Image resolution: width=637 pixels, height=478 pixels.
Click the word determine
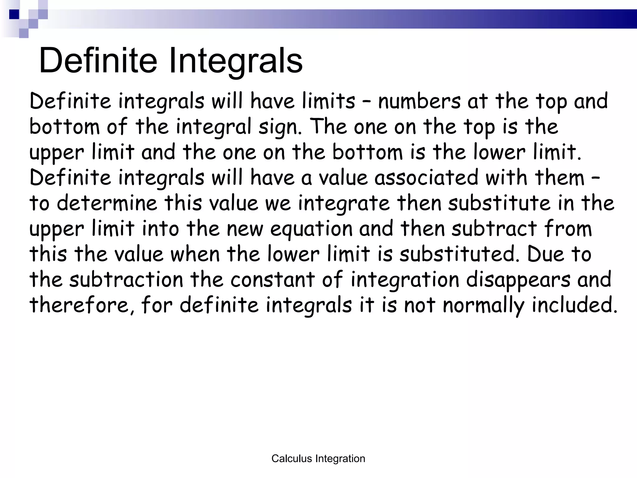(x=107, y=203)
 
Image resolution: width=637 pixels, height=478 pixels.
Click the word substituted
(x=459, y=254)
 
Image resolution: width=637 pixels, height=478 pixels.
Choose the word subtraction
(x=126, y=279)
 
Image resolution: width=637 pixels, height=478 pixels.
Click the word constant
(x=272, y=279)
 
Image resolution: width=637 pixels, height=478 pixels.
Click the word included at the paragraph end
(x=574, y=305)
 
